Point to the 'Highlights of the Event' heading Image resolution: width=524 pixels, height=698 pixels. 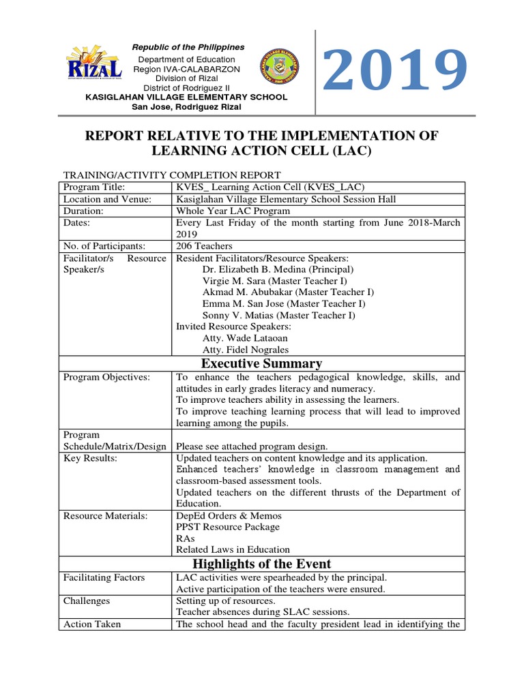pyautogui.click(x=262, y=564)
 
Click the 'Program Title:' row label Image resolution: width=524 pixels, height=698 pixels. pyautogui.click(x=94, y=187)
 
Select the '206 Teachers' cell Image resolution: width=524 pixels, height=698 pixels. pyautogui.click(x=204, y=245)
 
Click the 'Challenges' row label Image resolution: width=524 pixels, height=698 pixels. pyautogui.click(x=86, y=601)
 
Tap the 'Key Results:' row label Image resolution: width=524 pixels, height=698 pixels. pyautogui.click(x=90, y=458)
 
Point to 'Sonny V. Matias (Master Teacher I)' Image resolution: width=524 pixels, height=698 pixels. pyautogui.click(x=278, y=315)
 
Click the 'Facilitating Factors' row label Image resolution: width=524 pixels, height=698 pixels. pyautogui.click(x=104, y=577)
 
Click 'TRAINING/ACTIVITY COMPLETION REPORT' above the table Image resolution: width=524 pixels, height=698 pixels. pyautogui.click(x=171, y=175)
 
